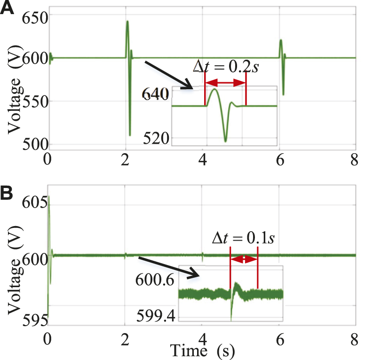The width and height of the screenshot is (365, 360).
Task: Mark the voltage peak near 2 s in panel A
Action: click(127, 22)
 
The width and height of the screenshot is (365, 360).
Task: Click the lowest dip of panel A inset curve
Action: click(225, 141)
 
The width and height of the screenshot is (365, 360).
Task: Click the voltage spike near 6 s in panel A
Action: click(281, 40)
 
